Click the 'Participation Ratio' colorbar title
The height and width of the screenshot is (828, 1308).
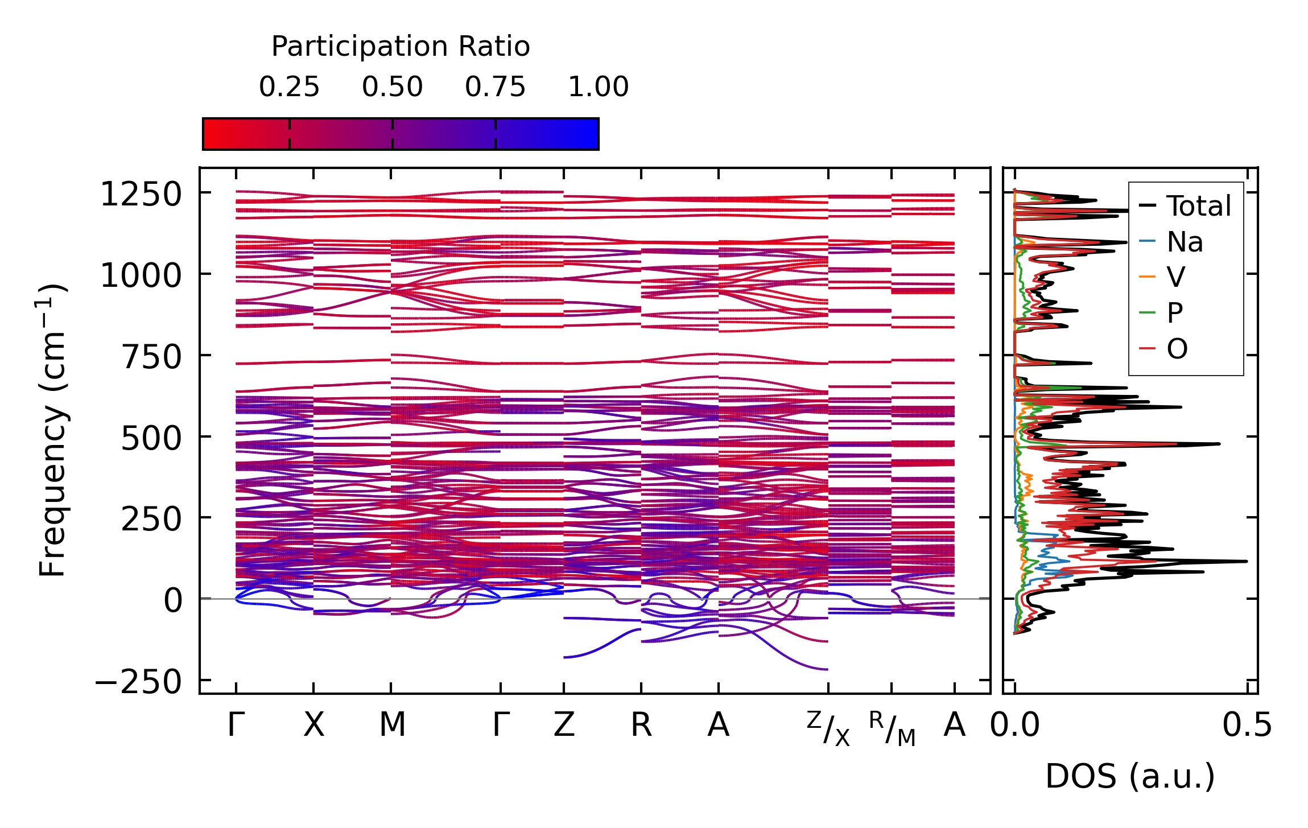pos(401,47)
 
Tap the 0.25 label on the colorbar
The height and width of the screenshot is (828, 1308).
pos(289,87)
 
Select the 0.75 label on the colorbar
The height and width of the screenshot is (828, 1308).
pos(495,87)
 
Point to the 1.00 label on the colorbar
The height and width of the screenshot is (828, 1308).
pos(598,87)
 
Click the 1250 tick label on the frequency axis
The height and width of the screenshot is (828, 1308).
pos(141,195)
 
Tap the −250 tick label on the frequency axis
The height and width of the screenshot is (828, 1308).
pos(138,682)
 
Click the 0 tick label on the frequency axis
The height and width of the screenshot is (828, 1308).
pos(172,601)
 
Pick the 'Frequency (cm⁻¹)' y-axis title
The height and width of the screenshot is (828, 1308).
pos(52,430)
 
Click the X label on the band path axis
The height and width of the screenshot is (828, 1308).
pos(313,726)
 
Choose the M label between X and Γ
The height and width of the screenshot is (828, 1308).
pos(392,726)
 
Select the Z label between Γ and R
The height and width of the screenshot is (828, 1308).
pos(564,726)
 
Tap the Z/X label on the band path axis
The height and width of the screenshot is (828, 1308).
pos(828,728)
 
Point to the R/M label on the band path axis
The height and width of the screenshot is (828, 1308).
pos(892,728)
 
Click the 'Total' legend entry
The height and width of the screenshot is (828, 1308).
pos(1198,206)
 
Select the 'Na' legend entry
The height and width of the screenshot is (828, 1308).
pos(1185,242)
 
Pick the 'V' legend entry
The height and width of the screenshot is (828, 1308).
pos(1175,278)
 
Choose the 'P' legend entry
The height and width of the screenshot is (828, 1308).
pos(1174,313)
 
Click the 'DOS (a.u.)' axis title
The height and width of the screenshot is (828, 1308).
pos(1130,777)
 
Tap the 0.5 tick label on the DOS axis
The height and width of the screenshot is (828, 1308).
pos(1247,726)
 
